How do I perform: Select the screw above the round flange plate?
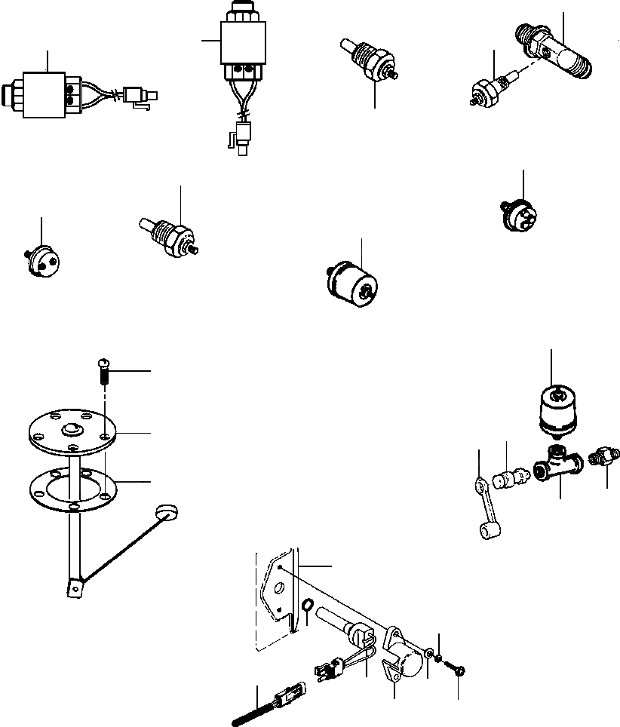pyautogui.click(x=104, y=371)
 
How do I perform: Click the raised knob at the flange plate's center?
pyautogui.click(x=74, y=430)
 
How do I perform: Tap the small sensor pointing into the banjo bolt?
pyautogui.click(x=487, y=89)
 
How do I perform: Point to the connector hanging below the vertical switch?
pyautogui.click(x=241, y=136)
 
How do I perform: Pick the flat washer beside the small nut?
pyautogui.click(x=428, y=654)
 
